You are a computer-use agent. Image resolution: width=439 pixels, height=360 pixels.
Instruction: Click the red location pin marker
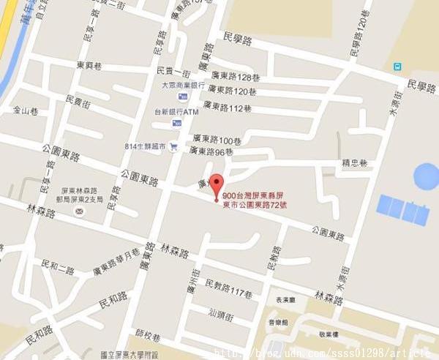click(x=215, y=184)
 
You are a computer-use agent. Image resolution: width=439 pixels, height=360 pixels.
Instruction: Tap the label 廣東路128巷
click(x=235, y=77)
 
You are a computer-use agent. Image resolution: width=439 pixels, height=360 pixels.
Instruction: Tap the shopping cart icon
click(x=173, y=146)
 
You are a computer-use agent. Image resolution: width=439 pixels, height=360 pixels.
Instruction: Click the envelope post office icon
click(x=79, y=212)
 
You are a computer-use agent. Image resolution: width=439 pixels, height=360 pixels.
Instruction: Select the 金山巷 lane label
click(x=25, y=110)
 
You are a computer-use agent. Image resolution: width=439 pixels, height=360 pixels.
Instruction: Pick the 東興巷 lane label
click(x=90, y=64)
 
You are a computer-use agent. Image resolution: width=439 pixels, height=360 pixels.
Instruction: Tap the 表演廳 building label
click(x=285, y=299)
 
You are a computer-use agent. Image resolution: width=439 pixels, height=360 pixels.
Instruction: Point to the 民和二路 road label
click(x=59, y=270)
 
